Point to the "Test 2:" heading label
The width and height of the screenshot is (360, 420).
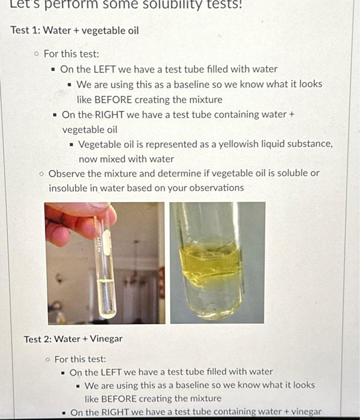[x=37, y=339]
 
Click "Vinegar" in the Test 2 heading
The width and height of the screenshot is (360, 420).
[x=106, y=339]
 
